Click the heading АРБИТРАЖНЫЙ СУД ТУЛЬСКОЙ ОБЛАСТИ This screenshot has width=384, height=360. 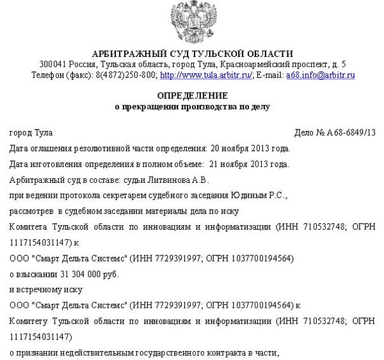[x=193, y=53]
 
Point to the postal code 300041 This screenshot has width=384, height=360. [x=52, y=65]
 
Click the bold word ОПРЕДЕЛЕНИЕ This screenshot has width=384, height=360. [x=192, y=95]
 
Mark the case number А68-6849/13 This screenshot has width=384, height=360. [x=349, y=132]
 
